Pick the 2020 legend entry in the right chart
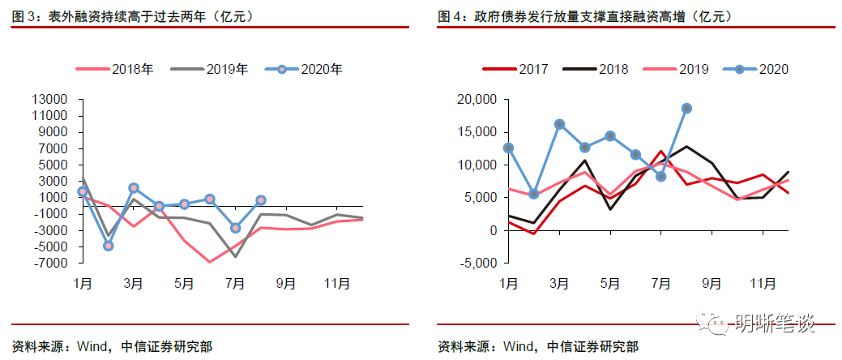[773, 69]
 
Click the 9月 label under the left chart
[286, 284]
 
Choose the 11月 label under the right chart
[763, 284]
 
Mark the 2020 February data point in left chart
[109, 245]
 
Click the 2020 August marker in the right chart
[686, 108]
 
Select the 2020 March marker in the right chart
[559, 124]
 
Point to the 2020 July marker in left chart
[235, 228]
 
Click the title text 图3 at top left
[24, 15]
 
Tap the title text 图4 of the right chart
[449, 15]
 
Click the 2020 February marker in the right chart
[533, 194]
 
